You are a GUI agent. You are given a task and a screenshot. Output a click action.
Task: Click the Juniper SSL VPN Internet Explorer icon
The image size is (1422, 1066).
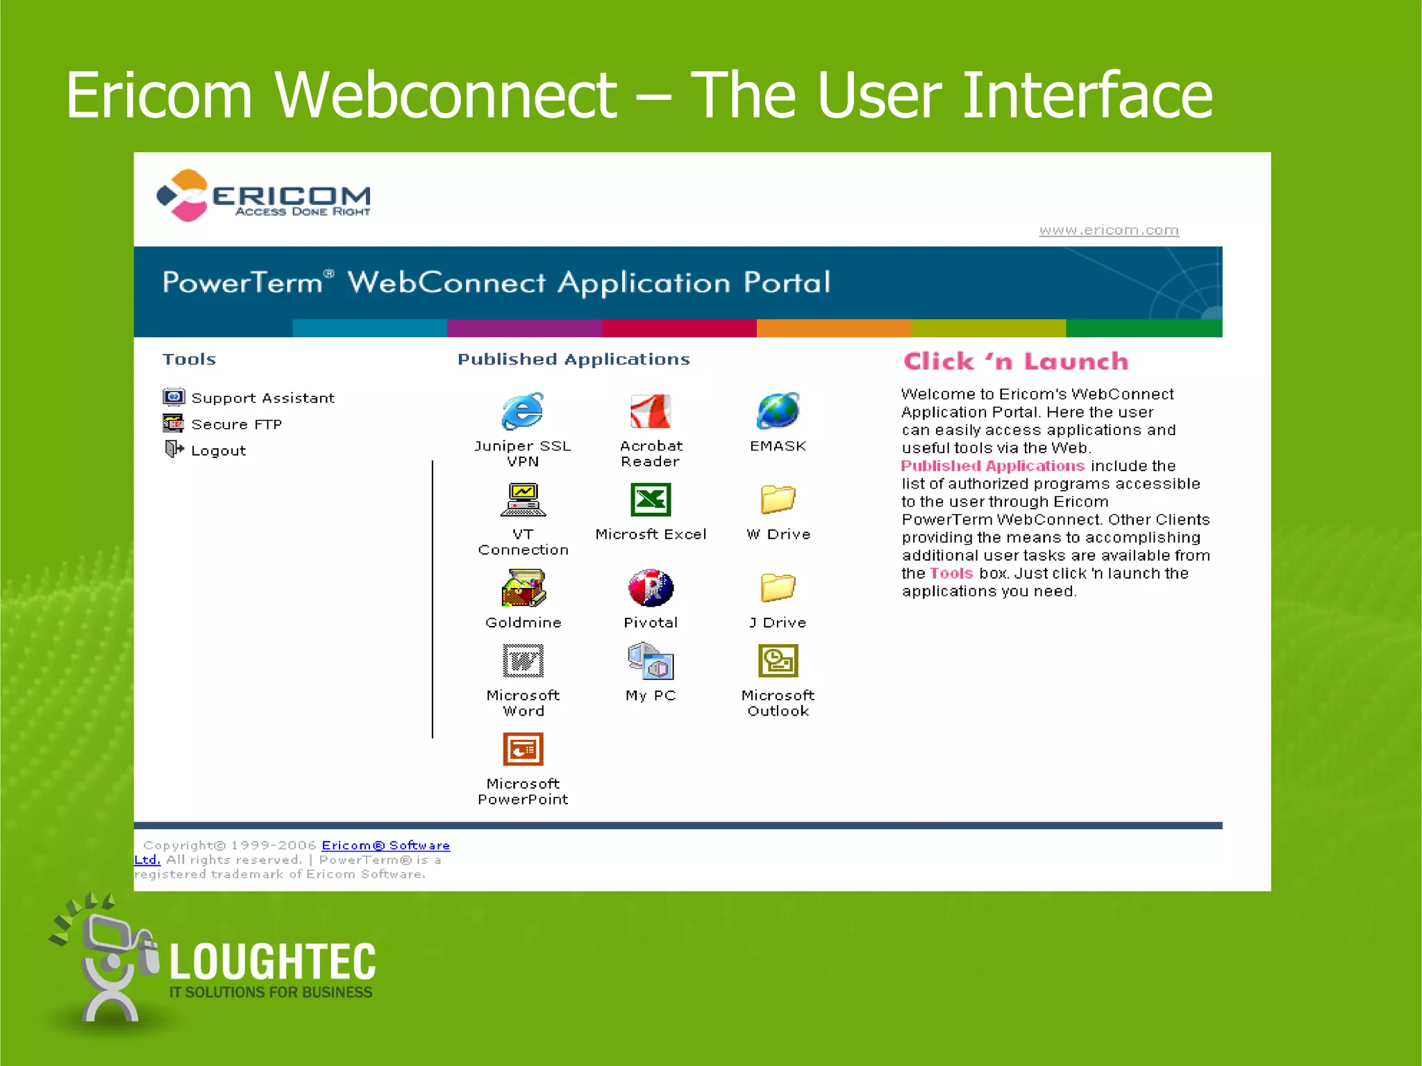(x=522, y=411)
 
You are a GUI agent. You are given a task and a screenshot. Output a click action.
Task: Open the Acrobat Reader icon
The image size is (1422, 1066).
(x=651, y=411)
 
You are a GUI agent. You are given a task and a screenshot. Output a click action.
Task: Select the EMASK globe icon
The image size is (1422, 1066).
(x=778, y=411)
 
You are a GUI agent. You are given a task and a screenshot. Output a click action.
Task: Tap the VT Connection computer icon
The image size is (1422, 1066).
(x=523, y=500)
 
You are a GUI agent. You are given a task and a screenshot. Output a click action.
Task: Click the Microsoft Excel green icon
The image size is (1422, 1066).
(x=651, y=500)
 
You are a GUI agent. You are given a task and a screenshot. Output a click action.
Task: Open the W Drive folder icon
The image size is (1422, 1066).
(x=778, y=499)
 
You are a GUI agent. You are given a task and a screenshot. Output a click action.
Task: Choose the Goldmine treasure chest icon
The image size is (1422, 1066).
(x=523, y=588)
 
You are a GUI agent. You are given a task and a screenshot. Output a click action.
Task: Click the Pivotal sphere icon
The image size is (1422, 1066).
(x=651, y=588)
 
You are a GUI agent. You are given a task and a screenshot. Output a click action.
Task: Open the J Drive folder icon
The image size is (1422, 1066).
(x=778, y=587)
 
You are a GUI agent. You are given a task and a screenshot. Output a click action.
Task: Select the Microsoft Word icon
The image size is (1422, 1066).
(x=523, y=660)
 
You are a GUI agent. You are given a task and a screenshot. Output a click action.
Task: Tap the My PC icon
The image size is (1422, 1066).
(x=651, y=660)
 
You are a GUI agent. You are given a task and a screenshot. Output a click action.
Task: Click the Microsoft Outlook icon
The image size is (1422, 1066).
(x=778, y=660)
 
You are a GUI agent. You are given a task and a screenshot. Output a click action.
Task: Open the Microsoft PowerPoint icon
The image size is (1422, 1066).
(x=523, y=749)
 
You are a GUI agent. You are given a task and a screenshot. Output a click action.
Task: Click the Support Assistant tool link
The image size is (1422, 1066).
(x=262, y=398)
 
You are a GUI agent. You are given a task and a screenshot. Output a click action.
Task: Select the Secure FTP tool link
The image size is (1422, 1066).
(x=236, y=424)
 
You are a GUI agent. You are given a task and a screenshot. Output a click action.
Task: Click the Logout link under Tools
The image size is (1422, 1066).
(x=218, y=450)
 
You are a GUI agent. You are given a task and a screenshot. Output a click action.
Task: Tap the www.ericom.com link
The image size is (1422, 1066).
(x=1109, y=230)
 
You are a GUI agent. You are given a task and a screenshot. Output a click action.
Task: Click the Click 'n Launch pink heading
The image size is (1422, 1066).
(x=1016, y=361)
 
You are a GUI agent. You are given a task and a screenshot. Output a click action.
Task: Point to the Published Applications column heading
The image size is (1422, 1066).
(x=574, y=359)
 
